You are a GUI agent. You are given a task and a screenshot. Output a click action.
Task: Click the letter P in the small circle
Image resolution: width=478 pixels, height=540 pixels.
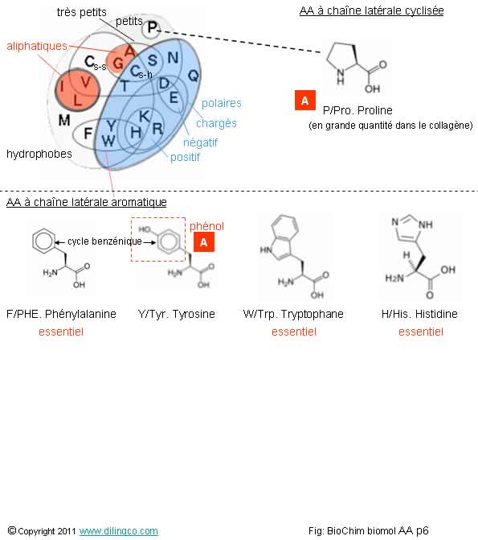152,27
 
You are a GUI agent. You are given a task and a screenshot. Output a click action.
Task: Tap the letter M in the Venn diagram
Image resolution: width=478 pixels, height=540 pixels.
64,120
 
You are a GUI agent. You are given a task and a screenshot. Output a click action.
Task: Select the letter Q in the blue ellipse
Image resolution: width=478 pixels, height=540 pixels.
194,75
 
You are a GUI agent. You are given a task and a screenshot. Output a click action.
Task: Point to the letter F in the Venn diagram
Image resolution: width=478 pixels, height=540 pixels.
88,133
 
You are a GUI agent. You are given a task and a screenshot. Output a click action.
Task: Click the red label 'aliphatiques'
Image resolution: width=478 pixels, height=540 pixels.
37,46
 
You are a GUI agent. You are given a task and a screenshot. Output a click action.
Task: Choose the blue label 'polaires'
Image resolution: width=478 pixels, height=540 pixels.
222,103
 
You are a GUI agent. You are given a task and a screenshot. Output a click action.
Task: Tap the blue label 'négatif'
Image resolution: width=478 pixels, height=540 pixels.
201,142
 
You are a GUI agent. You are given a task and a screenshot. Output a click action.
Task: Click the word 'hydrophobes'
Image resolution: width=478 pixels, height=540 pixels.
39,154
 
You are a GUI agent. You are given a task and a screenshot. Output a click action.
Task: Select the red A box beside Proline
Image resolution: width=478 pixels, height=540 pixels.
305,101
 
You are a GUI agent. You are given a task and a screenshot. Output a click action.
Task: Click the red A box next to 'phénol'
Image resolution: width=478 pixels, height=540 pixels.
204,241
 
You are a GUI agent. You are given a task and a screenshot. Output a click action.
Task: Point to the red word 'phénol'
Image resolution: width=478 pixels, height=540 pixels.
206,226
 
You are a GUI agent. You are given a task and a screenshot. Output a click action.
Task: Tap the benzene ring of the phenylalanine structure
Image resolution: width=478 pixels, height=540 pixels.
43,241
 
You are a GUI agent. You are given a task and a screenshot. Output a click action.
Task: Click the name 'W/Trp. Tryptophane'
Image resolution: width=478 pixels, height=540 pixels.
293,314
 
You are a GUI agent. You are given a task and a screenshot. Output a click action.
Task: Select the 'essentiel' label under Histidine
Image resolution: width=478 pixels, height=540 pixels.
421,332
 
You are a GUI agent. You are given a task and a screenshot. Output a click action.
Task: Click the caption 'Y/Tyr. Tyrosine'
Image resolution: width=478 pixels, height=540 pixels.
177,314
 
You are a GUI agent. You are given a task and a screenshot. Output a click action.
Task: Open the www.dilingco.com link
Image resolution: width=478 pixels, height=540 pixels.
119,530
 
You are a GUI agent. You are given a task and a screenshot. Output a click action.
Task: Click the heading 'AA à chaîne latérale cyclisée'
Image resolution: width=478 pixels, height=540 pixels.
371,10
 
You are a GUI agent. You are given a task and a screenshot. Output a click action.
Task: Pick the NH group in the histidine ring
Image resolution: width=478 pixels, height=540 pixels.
426,225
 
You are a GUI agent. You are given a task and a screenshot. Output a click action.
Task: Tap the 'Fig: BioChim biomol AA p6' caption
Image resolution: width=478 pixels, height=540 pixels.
368,530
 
